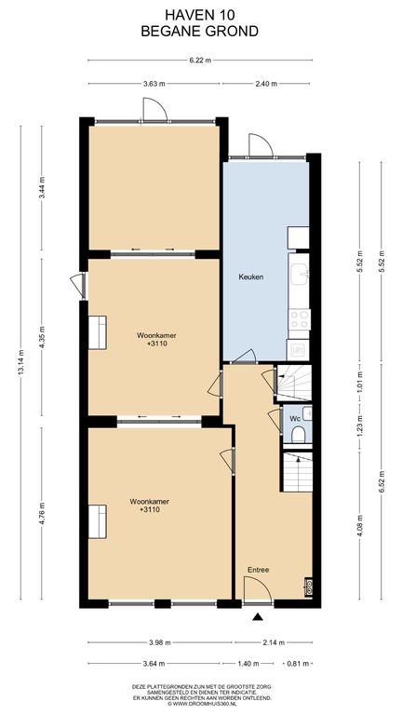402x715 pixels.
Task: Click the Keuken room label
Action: tap(251, 277)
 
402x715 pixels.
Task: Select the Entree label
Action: tap(259, 570)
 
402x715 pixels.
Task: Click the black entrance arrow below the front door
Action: tap(259, 617)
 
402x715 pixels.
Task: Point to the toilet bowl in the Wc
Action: tap(298, 435)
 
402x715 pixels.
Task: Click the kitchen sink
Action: tap(300, 275)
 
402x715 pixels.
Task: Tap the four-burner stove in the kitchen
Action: tap(300, 319)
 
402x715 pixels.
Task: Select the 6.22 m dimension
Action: tap(200, 61)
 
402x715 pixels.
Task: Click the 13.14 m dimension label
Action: tap(21, 363)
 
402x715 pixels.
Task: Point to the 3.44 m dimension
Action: tap(42, 187)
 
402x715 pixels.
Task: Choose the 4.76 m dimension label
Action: tap(42, 513)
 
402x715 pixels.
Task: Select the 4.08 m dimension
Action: tap(359, 525)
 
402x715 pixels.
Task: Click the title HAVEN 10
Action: tap(200, 15)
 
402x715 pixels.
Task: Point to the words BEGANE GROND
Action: tap(200, 31)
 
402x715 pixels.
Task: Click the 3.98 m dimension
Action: tap(159, 643)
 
